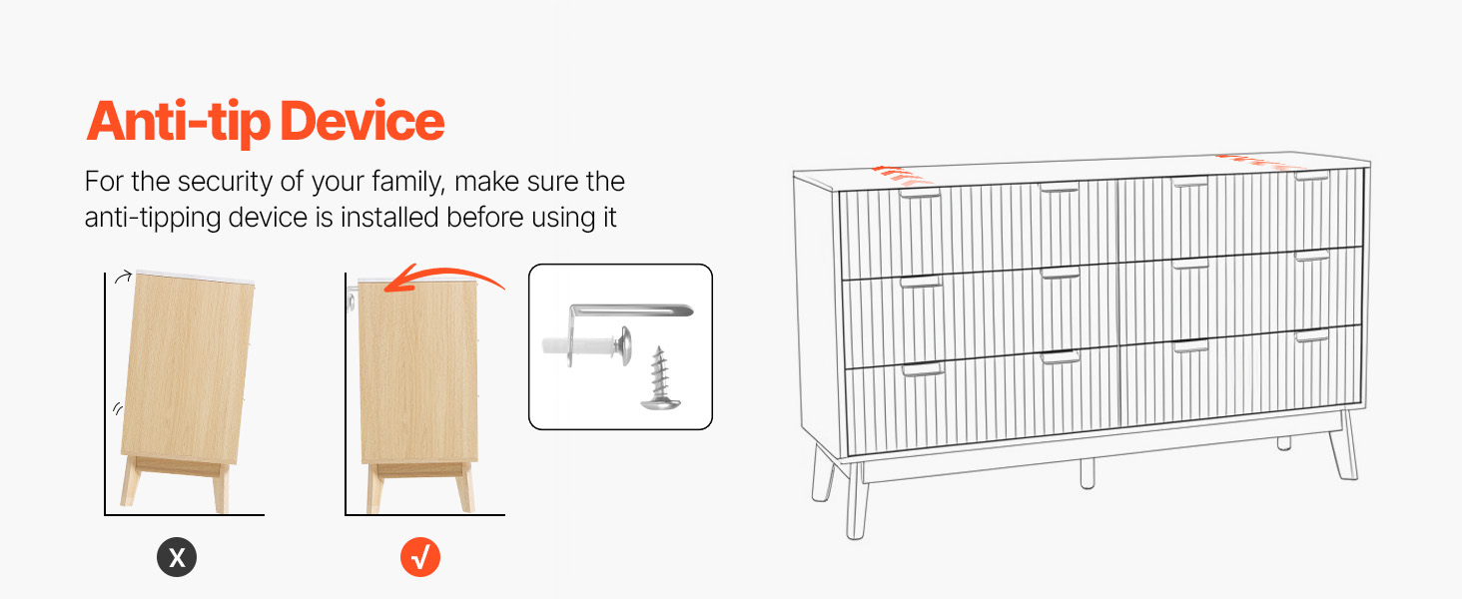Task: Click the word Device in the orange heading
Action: [x=363, y=122]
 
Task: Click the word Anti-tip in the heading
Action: [x=178, y=123]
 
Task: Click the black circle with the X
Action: [x=176, y=557]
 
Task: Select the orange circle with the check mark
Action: [x=420, y=557]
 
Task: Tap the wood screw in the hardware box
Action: [x=660, y=378]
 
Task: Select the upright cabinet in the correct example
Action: [x=418, y=394]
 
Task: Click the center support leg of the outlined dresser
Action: [x=1087, y=473]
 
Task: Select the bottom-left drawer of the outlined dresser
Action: [x=983, y=402]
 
